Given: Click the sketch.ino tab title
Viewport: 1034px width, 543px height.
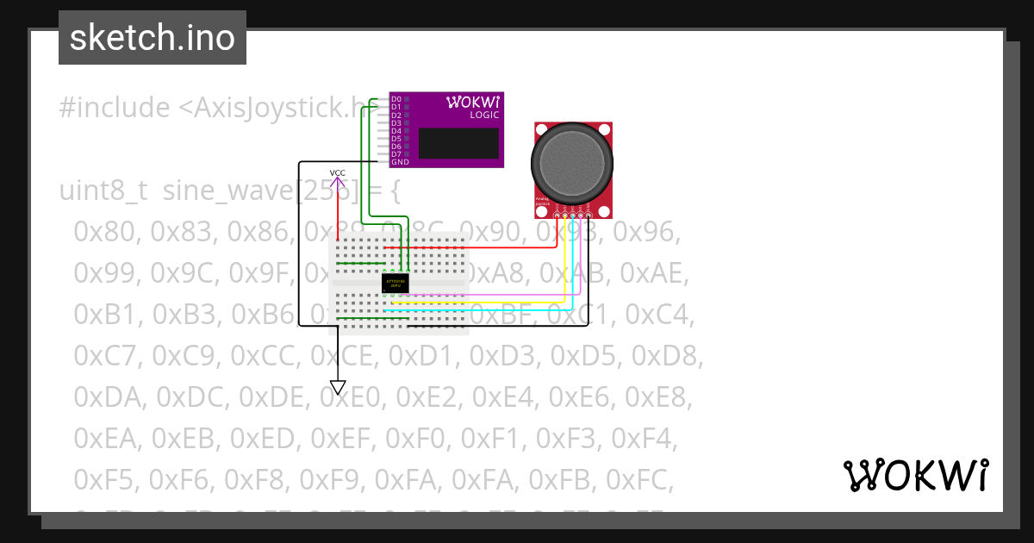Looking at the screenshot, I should pyautogui.click(x=152, y=38).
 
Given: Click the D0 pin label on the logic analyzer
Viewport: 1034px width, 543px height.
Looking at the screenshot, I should pyautogui.click(x=396, y=99).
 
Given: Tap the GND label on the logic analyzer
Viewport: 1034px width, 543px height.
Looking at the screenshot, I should pyautogui.click(x=399, y=162).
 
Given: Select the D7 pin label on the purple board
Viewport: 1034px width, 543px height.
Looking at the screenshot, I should pyautogui.click(x=396, y=154).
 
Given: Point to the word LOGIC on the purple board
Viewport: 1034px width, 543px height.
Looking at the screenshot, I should pyautogui.click(x=484, y=115).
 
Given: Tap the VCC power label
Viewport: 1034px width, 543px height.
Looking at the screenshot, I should pyautogui.click(x=338, y=173).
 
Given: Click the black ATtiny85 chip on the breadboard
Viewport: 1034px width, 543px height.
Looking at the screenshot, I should pyautogui.click(x=395, y=282).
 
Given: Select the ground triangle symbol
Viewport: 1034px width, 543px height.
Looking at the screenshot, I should pyautogui.click(x=338, y=387).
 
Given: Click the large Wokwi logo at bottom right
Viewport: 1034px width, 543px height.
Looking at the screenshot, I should pyautogui.click(x=916, y=475).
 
